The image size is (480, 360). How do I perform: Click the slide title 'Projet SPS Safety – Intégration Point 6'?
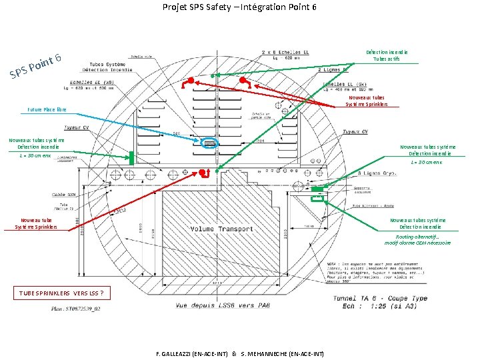click(239, 7)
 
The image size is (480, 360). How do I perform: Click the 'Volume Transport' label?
click(221, 229)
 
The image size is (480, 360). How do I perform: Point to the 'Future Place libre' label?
click(47, 109)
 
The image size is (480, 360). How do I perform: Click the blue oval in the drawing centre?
click(209, 143)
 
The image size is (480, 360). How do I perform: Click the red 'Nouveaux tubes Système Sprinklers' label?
click(365, 101)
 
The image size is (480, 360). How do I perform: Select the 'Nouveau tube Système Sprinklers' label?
click(36, 223)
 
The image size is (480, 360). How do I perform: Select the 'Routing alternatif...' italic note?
click(417, 239)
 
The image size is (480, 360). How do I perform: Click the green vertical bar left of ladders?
click(131, 158)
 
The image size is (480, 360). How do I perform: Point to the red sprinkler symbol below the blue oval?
click(205, 173)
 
